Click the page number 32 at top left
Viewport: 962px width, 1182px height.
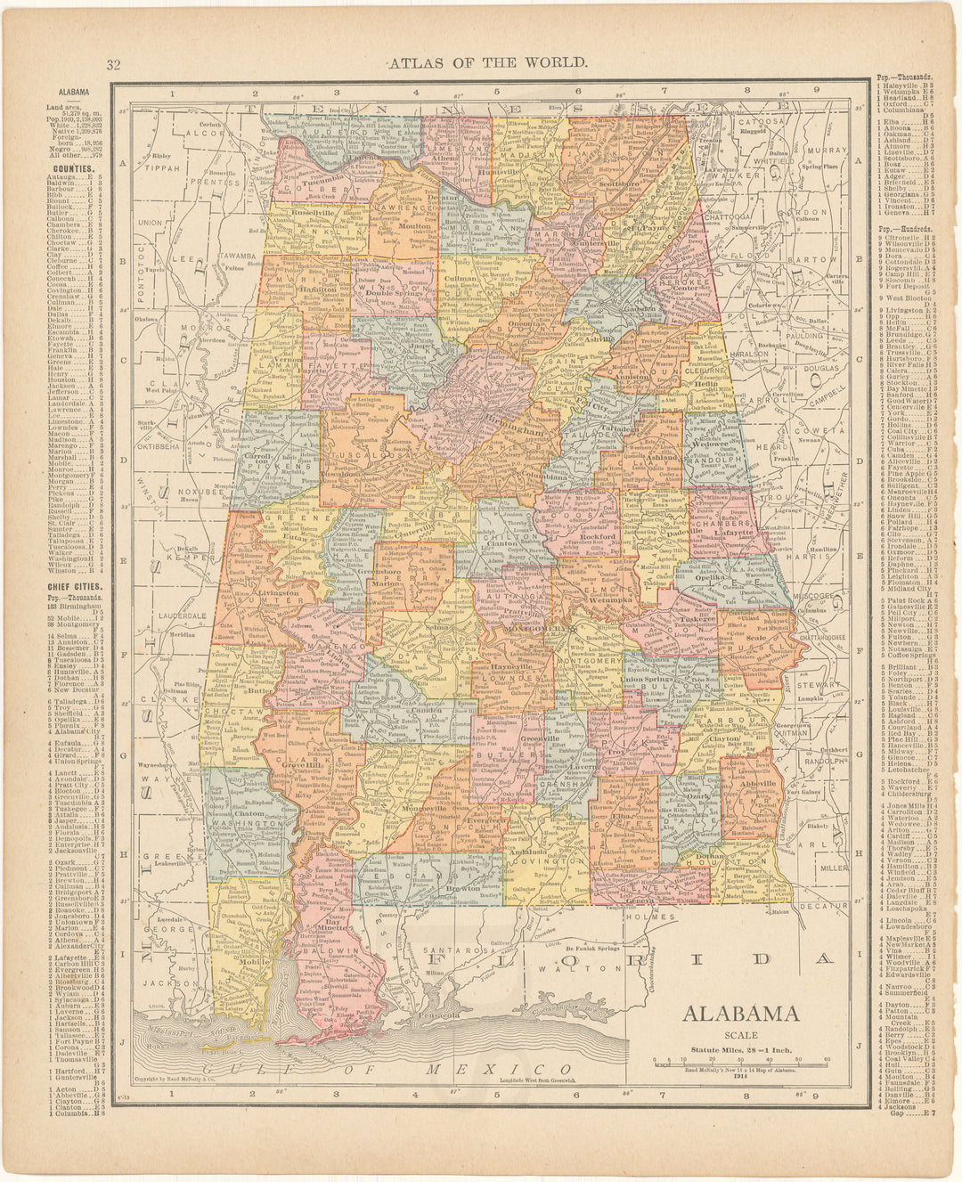pos(113,63)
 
